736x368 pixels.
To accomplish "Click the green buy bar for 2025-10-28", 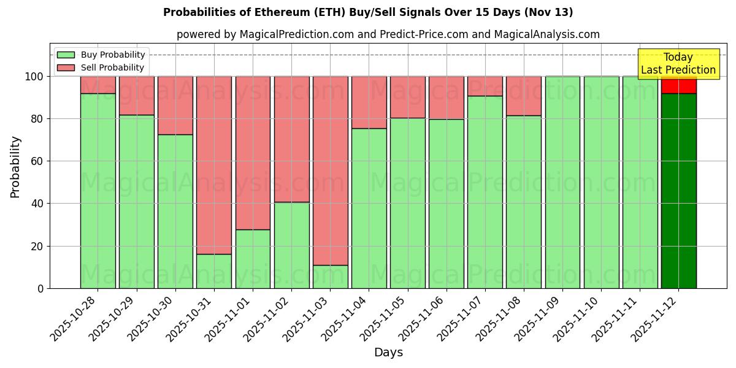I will coord(98,191).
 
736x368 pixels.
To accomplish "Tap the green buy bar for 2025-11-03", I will coord(331,277).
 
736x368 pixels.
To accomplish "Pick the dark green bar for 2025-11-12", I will coord(678,191).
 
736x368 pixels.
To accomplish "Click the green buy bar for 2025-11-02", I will coord(291,245).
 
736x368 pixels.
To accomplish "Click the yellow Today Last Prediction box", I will coord(678,64).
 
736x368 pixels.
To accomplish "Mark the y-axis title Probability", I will coord(15,166).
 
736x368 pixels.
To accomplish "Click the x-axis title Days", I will coord(388,353).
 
